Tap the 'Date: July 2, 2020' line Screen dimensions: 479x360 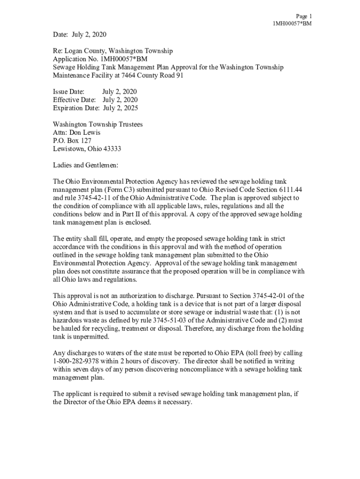[x=80, y=35]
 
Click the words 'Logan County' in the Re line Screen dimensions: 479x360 [x=85, y=51]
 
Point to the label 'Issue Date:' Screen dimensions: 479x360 [x=69, y=91]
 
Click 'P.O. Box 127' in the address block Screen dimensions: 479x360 [x=72, y=141]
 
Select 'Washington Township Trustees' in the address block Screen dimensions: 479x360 [x=98, y=124]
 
